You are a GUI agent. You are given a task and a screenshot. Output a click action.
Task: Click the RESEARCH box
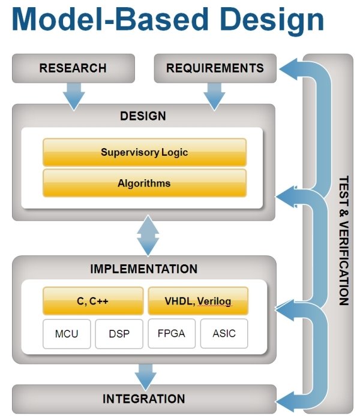point(73,68)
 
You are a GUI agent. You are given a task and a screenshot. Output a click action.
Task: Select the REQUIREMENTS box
point(215,68)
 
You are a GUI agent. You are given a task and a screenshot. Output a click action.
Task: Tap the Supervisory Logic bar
point(144,152)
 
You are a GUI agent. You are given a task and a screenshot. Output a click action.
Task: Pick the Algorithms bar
point(144,183)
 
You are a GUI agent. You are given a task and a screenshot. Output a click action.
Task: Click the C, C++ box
point(93,301)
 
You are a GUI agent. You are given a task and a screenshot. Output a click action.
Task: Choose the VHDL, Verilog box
point(198,301)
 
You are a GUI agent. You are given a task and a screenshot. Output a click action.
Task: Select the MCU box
point(67,334)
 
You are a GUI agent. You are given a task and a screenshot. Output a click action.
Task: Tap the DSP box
point(119,334)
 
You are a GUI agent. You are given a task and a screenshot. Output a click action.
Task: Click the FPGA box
point(172,334)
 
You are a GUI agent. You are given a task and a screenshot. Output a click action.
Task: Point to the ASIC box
point(224,334)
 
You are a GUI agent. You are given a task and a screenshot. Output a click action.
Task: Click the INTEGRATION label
point(144,399)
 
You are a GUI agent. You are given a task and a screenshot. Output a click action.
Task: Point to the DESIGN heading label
point(143,116)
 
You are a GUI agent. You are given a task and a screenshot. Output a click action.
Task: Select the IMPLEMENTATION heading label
point(143,269)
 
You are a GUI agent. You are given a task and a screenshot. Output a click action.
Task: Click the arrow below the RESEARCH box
point(73,95)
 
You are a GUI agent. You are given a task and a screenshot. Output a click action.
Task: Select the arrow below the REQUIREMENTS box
point(214,95)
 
